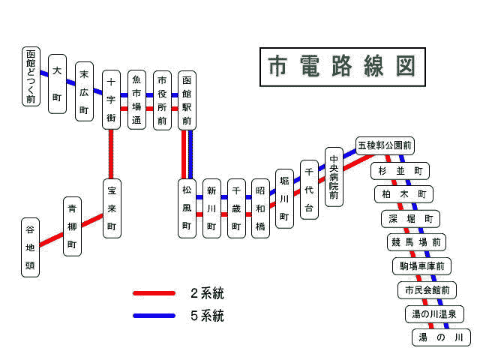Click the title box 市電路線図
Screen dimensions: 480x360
pyautogui.click(x=342, y=66)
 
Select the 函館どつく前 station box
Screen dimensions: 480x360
pyautogui.click(x=31, y=76)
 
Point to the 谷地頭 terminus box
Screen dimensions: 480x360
pyautogui.click(x=30, y=247)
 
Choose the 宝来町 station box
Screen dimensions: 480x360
pyautogui.click(x=112, y=208)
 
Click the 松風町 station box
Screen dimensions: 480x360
pyautogui.click(x=187, y=208)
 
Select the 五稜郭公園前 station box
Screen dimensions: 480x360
pyautogui.click(x=384, y=145)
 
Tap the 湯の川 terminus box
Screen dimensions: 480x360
pyautogui.click(x=442, y=337)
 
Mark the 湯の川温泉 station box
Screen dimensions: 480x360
pyautogui.click(x=434, y=313)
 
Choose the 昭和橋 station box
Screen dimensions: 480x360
pyautogui.click(x=260, y=208)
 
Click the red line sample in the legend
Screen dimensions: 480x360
pyautogui.click(x=154, y=293)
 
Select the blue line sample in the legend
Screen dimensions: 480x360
pyautogui.click(x=154, y=316)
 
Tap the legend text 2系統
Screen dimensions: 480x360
pyautogui.click(x=207, y=293)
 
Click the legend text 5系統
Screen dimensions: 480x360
pyautogui.click(x=207, y=316)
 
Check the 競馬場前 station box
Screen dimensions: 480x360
pyautogui.click(x=416, y=242)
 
